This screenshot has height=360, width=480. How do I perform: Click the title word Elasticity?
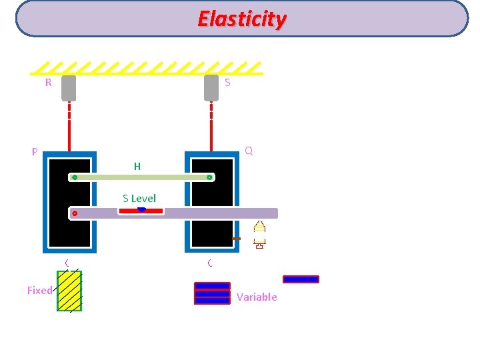pos(242,19)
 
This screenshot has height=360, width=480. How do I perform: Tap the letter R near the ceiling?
pos(48,83)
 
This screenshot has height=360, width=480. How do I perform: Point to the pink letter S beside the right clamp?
pos(227,83)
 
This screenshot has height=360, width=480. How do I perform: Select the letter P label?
pos(34,152)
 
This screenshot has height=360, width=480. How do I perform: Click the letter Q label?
pos(249,151)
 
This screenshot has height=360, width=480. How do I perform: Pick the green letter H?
pos(137,167)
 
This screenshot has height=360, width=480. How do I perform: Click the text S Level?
pos(139,198)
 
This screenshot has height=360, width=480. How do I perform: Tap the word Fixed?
pos(39,290)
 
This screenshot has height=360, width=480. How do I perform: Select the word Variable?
pos(257,297)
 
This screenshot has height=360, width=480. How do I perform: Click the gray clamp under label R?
pos(69,87)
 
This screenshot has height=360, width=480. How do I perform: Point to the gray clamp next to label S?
pos(211,87)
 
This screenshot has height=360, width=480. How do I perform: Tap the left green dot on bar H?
pos(75,177)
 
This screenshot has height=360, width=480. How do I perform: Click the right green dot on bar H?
pos(209,177)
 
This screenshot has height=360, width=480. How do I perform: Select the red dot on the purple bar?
pos(75,213)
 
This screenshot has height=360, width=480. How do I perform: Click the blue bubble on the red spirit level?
pos(141,209)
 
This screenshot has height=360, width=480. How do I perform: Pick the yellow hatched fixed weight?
pos(69,291)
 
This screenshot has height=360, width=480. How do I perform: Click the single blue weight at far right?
pos(301,279)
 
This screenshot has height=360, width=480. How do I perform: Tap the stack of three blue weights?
pos(212,293)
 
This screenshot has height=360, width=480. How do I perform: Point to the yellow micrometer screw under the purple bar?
pos(259,234)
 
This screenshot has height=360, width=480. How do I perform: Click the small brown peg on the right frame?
pos(236,238)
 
